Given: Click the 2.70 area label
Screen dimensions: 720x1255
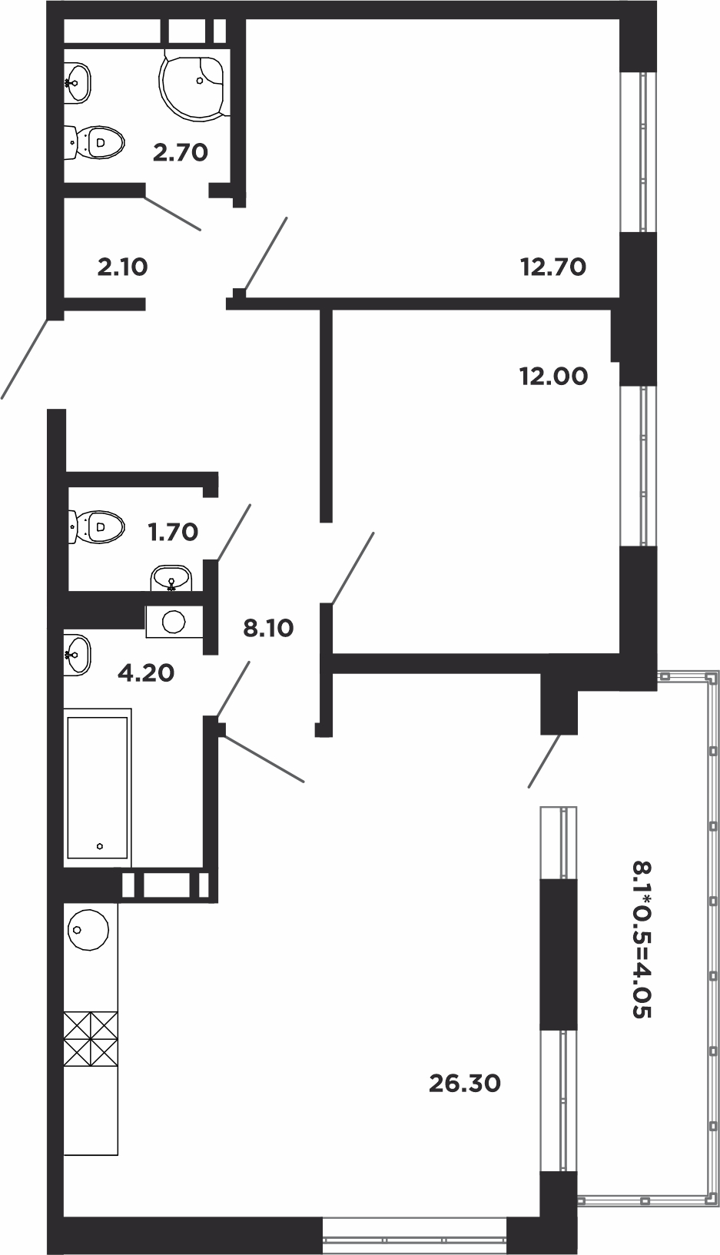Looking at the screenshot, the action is [181, 152].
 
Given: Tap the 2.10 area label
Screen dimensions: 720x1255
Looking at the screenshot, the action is [123, 267].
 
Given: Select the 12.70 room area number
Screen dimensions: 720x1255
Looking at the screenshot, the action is [553, 267].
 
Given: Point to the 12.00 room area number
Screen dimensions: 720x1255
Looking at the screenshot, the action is [553, 377].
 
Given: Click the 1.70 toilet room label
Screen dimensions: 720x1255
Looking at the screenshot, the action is [173, 532].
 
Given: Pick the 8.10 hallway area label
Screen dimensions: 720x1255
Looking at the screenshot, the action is [268, 628].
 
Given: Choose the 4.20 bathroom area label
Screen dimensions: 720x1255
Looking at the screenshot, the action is [146, 673].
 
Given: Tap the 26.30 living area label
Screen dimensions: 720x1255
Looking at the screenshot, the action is [464, 1084].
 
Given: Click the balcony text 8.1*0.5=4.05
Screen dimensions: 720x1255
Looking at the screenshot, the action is [642, 938].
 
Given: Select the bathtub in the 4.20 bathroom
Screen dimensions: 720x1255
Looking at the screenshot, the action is [98, 787].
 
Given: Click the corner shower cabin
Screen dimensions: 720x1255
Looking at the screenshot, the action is [194, 84].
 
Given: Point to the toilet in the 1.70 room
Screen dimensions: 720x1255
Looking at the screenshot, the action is [96, 526].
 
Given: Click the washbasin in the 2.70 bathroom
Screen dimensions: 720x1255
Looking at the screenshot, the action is [77, 83].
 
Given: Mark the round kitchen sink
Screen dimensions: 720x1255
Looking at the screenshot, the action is [88, 929].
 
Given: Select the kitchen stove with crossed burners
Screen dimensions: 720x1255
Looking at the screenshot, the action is [91, 1039].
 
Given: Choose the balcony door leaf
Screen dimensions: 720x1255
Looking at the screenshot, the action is [543, 762].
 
